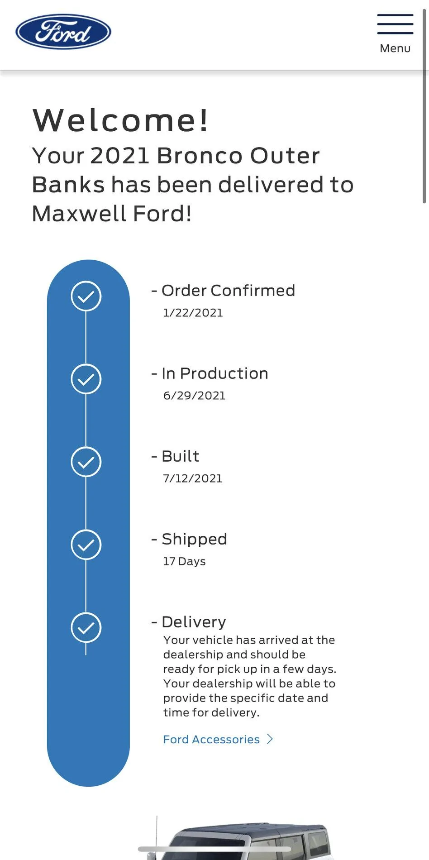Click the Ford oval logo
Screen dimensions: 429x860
click(63, 32)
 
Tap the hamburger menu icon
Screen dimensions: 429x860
click(395, 24)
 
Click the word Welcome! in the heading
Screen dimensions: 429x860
click(120, 120)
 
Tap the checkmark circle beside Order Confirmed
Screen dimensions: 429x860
click(86, 296)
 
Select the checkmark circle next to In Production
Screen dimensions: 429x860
click(86, 379)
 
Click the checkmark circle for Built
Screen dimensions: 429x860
click(86, 462)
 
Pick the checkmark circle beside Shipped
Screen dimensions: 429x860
click(86, 545)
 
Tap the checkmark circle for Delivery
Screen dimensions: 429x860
click(86, 627)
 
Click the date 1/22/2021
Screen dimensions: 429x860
click(193, 313)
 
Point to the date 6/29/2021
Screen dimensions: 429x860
click(195, 396)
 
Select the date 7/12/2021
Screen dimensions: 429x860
click(193, 478)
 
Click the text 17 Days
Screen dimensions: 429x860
click(185, 561)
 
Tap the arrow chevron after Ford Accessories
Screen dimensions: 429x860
click(270, 739)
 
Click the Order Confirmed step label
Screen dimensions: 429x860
click(228, 291)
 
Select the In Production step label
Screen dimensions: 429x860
click(215, 373)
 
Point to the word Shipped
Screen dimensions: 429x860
click(195, 539)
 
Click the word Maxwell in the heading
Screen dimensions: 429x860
click(79, 214)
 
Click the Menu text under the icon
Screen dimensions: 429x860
click(395, 48)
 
